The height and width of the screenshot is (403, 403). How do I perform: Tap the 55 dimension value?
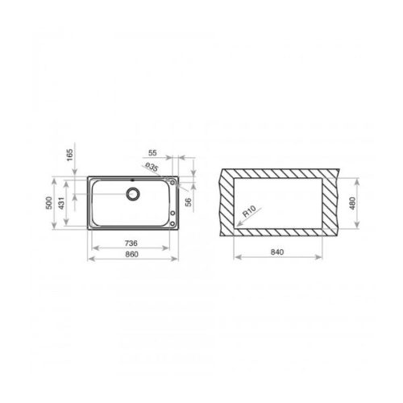click(153, 152)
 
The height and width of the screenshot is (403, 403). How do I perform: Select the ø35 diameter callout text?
click(150, 167)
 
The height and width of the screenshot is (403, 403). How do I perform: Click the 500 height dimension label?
click(50, 202)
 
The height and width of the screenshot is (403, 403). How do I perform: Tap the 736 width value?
click(131, 243)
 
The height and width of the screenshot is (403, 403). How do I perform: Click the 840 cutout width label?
click(277, 253)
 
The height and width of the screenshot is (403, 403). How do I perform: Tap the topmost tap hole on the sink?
click(175, 182)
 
